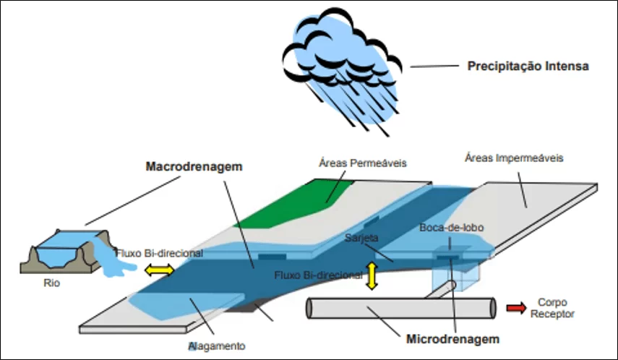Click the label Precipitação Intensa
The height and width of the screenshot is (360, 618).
click(x=528, y=67)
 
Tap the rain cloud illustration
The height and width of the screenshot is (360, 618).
click(x=342, y=71)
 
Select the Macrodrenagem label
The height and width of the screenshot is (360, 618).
click(x=194, y=166)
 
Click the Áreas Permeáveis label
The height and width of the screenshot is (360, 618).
click(x=363, y=163)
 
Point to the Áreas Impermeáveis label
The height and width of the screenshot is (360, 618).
click(x=514, y=158)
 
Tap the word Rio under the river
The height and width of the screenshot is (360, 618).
click(x=51, y=283)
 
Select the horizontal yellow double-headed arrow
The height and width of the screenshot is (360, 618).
click(x=160, y=270)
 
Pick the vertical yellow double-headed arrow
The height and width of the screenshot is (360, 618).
click(x=372, y=276)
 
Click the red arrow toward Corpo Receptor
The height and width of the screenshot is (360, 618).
click(x=516, y=307)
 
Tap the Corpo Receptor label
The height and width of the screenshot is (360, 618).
click(x=552, y=308)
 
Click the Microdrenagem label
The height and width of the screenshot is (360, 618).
click(x=453, y=339)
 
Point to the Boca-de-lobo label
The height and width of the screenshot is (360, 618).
click(x=451, y=228)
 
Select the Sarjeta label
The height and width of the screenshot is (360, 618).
click(x=361, y=238)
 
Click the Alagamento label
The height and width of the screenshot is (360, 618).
click(x=217, y=346)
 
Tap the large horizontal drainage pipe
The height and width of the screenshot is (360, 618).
click(x=401, y=308)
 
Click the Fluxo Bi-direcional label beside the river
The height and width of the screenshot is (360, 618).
click(x=160, y=253)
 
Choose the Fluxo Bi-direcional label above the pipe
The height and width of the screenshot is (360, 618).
click(x=319, y=275)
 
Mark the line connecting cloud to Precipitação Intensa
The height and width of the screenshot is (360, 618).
click(x=434, y=67)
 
